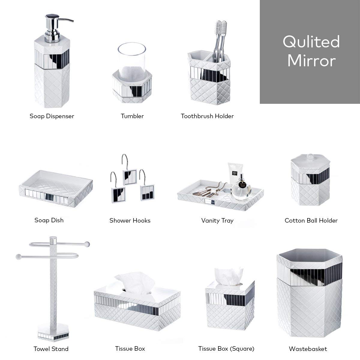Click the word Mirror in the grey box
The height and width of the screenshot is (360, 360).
coord(311,61)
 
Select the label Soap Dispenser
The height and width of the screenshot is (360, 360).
coord(52,116)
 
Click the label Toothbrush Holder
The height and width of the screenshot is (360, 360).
coord(207,116)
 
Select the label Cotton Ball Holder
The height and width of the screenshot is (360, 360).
coord(311,220)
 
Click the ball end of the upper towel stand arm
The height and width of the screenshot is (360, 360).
coord(87,244)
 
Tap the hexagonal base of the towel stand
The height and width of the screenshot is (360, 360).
coord(53,334)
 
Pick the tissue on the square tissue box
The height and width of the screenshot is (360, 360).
coord(229,277)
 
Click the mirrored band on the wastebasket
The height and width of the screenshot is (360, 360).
coord(310,274)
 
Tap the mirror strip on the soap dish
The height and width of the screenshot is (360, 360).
coord(47,196)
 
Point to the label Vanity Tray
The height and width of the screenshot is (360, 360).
coord(217,221)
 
